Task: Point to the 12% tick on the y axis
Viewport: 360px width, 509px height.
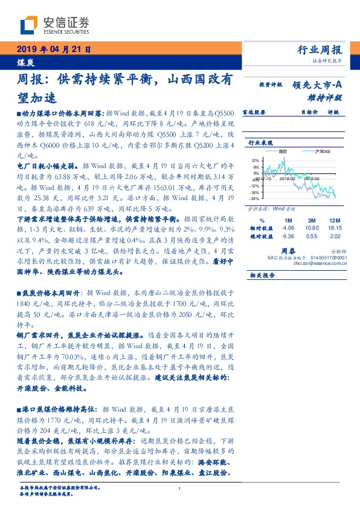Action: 256,160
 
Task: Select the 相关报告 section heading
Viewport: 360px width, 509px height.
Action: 263,274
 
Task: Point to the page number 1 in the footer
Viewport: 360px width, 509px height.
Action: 180,488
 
